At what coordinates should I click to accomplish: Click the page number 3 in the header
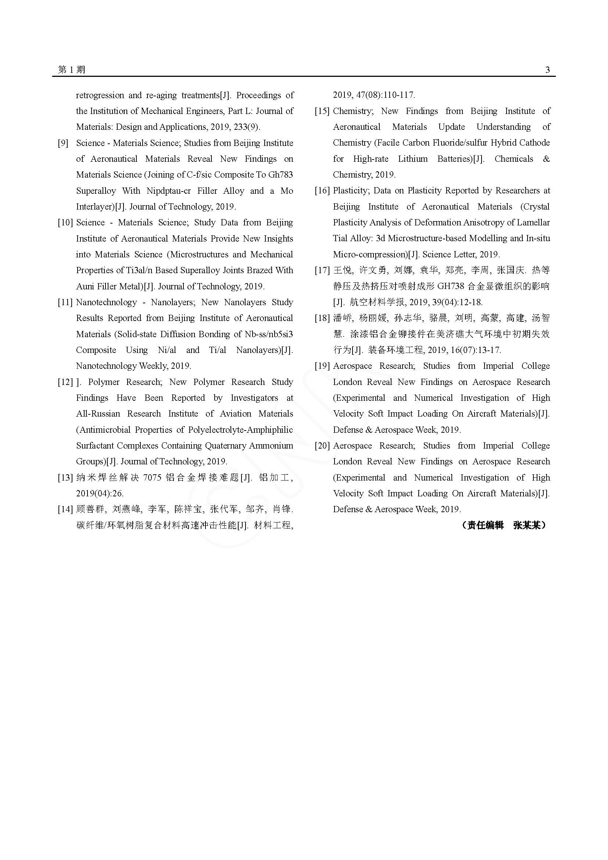coord(547,69)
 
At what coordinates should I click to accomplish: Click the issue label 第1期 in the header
coord(72,69)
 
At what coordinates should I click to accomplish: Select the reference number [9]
coord(63,143)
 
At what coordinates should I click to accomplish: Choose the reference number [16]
coord(322,191)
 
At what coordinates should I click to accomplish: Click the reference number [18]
coord(322,318)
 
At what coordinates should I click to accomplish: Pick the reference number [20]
coord(322,446)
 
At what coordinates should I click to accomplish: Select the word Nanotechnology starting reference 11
coord(106,302)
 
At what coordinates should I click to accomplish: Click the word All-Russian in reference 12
coord(98,414)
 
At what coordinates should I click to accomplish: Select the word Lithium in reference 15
coord(412,159)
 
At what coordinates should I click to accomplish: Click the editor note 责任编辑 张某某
coord(504,525)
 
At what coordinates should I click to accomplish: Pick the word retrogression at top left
coord(100,95)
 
